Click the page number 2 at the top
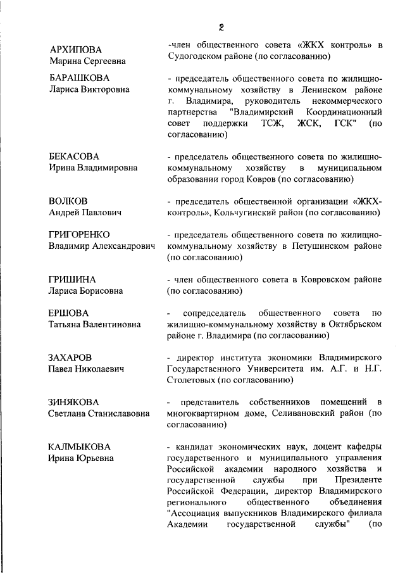(221, 28)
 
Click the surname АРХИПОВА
(75, 50)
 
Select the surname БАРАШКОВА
(80, 78)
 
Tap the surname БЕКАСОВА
(74, 156)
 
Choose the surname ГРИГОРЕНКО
(80, 234)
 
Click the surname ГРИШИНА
(72, 279)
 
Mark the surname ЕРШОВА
(68, 313)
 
